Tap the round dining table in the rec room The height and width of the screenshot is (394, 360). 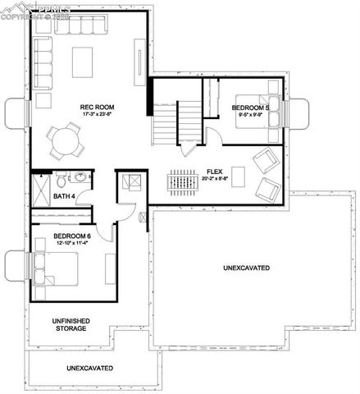(x=63, y=140)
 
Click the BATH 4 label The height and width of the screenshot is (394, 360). (x=65, y=196)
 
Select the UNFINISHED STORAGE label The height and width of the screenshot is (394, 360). (x=60, y=324)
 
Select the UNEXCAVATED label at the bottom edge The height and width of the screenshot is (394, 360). (x=89, y=368)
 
